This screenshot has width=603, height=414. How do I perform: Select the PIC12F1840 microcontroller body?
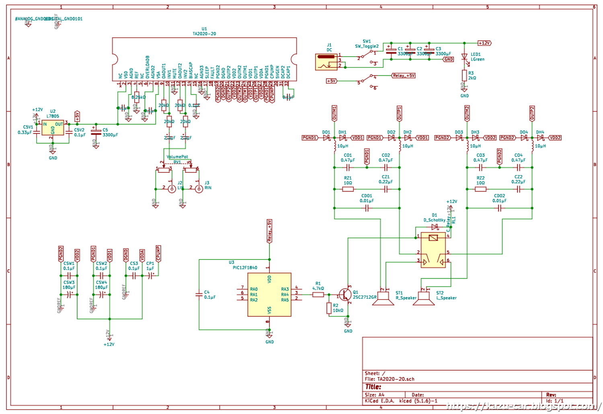269,295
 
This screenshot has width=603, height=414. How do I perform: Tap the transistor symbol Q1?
344,295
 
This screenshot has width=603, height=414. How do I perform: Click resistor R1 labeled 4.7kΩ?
318,295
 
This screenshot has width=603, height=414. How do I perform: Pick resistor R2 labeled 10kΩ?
329,308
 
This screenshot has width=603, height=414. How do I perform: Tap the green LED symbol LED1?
464,57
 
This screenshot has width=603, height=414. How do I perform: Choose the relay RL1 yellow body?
433,249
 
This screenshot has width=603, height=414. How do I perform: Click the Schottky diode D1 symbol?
434,227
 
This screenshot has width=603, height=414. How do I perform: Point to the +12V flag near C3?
484,43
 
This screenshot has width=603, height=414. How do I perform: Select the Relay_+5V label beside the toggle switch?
404,75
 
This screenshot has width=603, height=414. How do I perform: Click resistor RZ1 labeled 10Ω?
348,189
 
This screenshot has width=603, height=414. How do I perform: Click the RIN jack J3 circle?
199,189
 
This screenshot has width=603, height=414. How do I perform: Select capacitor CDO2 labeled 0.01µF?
499,208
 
